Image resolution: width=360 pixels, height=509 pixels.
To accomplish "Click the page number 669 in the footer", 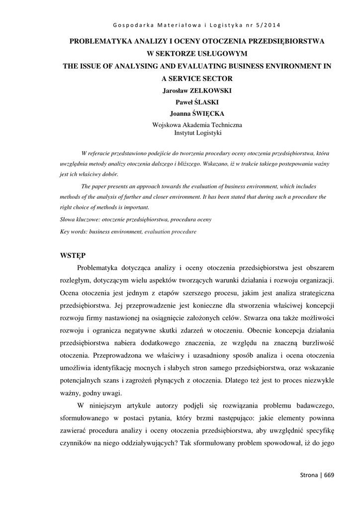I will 329,475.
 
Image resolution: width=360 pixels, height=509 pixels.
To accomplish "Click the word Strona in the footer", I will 309,475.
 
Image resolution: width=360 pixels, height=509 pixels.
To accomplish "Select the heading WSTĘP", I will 72,255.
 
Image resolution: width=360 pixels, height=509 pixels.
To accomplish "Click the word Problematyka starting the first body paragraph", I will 105,268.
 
